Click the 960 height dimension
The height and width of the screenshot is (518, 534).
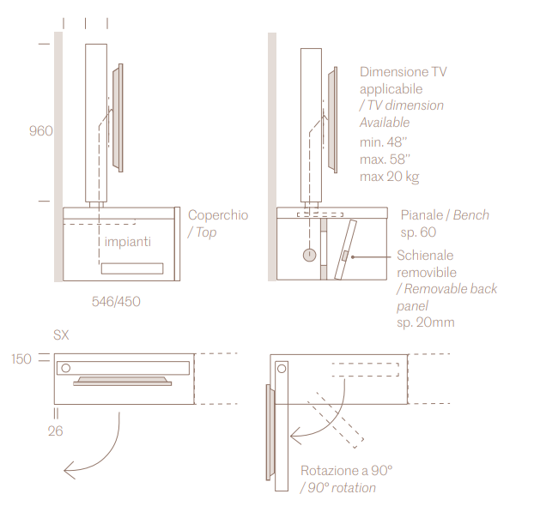40,131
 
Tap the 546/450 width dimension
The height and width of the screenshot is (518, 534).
116,301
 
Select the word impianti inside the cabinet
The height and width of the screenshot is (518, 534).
128,242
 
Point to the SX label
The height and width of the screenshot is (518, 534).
61,334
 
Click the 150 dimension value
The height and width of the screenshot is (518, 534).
21,358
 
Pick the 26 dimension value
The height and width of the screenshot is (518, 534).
55,431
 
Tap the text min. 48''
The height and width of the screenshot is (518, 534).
383,142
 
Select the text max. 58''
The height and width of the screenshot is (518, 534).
385,160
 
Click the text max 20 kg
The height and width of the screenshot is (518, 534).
389,177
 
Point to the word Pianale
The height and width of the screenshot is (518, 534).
421,214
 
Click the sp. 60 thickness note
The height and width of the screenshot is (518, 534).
418,232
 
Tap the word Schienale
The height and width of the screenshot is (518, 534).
425,256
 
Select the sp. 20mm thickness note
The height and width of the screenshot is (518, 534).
425,322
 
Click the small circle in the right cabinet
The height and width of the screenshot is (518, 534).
309,255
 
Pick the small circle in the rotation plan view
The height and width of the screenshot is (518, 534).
282,368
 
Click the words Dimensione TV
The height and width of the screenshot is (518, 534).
403,72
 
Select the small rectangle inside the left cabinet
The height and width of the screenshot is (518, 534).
131,268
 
